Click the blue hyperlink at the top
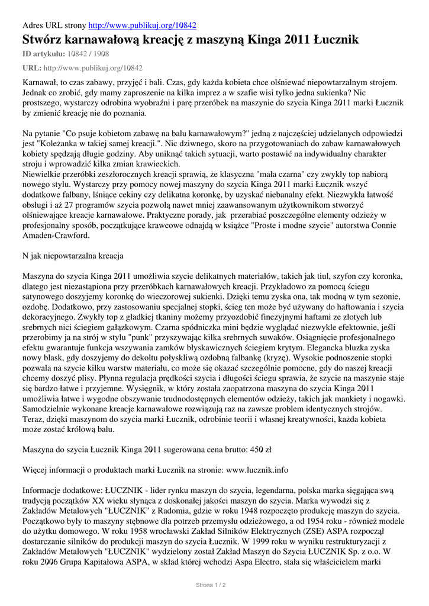tap(142, 25)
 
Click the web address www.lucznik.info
tap(257, 470)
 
